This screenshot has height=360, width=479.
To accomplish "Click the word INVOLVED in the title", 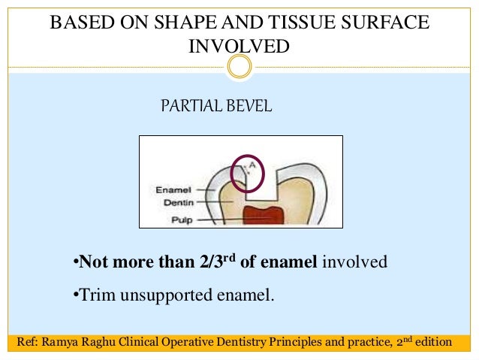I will (x=239, y=47).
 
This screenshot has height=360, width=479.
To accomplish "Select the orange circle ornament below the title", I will (x=239, y=68).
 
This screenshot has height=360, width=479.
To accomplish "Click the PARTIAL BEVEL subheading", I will (x=216, y=107).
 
